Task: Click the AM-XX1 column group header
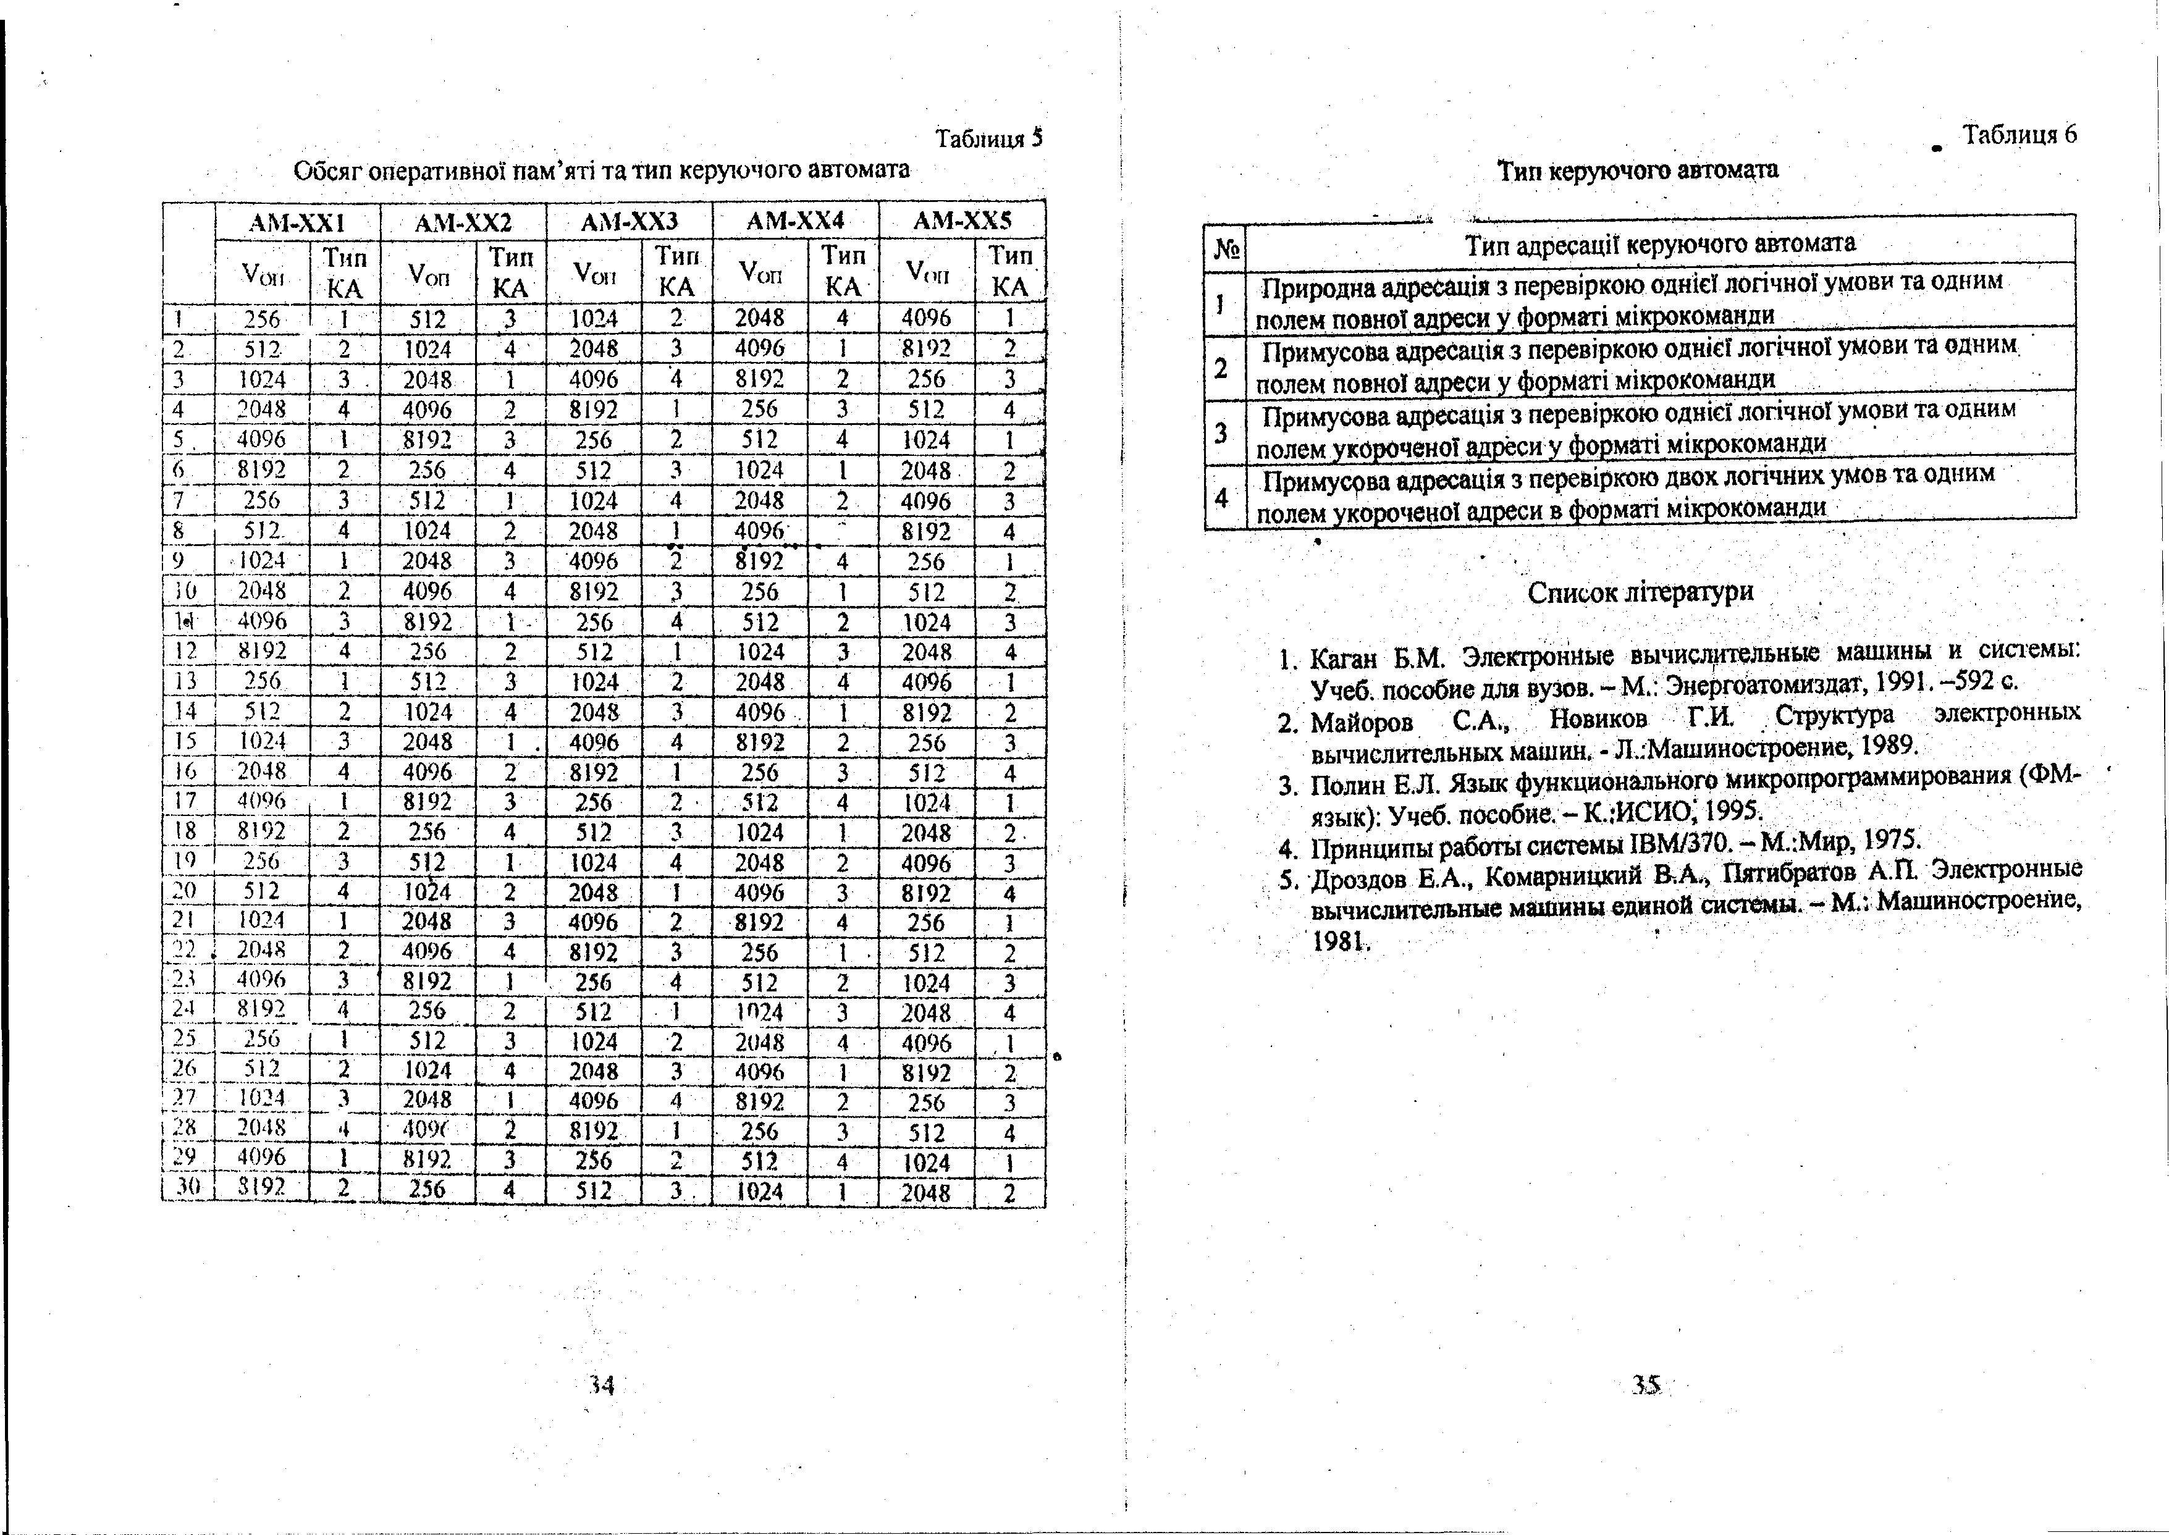pos(296,222)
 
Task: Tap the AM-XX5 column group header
pos(962,222)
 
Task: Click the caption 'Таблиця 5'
pos(988,140)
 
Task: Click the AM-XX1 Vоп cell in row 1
pos(262,319)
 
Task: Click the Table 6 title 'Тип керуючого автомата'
pos(1638,170)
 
